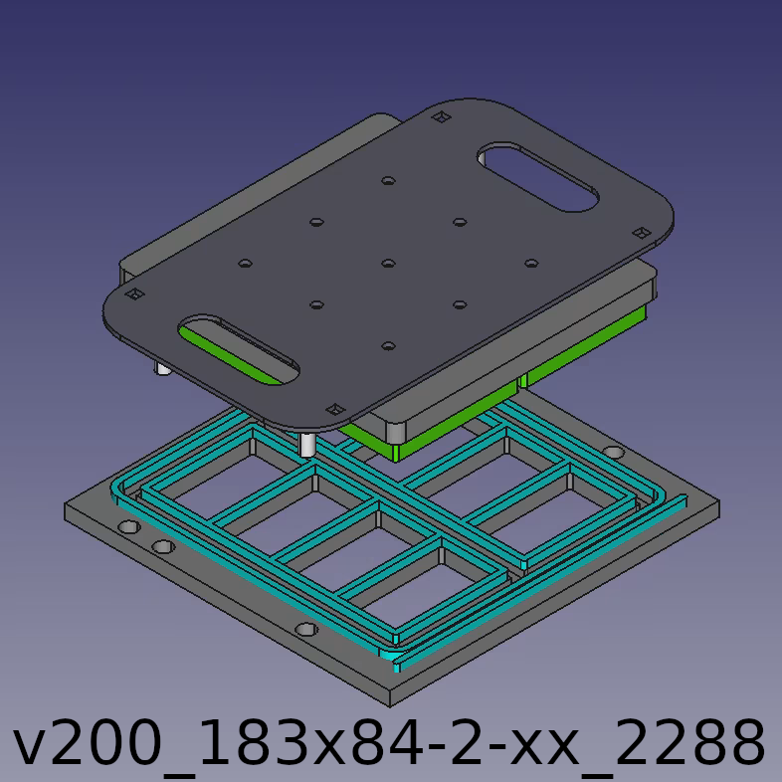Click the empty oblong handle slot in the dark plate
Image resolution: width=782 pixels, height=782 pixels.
click(538, 177)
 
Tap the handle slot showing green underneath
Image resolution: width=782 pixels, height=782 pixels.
click(240, 350)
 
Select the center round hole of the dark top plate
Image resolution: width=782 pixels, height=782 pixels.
click(388, 264)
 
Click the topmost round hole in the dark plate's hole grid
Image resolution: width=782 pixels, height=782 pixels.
click(388, 180)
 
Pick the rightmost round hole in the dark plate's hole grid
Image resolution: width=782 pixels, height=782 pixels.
click(531, 264)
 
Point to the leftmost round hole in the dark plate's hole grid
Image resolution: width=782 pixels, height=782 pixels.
click(245, 264)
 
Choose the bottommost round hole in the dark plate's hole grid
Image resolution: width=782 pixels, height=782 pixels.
click(388, 346)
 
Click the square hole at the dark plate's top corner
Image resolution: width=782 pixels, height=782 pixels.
click(441, 117)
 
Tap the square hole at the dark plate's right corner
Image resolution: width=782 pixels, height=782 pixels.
click(642, 233)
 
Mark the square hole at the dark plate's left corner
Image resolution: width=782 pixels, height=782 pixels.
click(134, 294)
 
